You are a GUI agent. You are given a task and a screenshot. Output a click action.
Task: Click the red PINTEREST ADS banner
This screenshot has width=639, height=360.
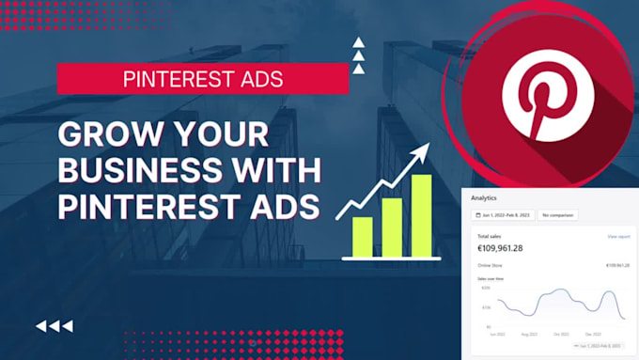pos(202,79)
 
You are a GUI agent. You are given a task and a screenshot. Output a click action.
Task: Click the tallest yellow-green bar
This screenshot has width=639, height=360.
pos(421,215)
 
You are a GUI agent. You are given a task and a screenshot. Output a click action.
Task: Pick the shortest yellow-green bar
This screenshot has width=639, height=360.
pos(362,235)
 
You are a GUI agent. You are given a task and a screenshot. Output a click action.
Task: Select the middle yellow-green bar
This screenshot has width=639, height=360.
pos(392,227)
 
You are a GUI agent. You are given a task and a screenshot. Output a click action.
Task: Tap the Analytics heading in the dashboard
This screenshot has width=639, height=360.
pos(484,198)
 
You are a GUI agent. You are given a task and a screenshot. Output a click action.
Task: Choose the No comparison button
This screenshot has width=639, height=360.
pos(557,215)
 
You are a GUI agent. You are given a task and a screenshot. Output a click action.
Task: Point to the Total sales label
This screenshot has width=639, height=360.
pos(490,237)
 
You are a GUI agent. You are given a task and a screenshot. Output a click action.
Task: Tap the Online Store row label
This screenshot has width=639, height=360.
pos(491,266)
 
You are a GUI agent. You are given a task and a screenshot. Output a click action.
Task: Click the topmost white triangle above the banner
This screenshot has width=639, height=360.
pos(357,41)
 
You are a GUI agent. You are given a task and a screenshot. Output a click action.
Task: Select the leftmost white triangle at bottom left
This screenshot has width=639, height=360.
pos(41,326)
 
